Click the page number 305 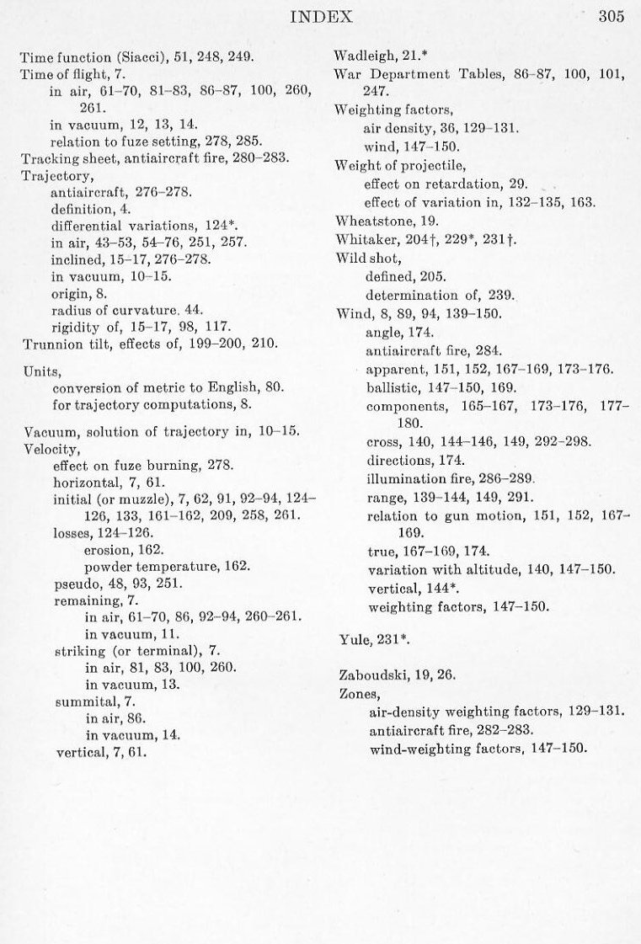611,17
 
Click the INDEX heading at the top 321,16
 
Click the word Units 38,369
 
